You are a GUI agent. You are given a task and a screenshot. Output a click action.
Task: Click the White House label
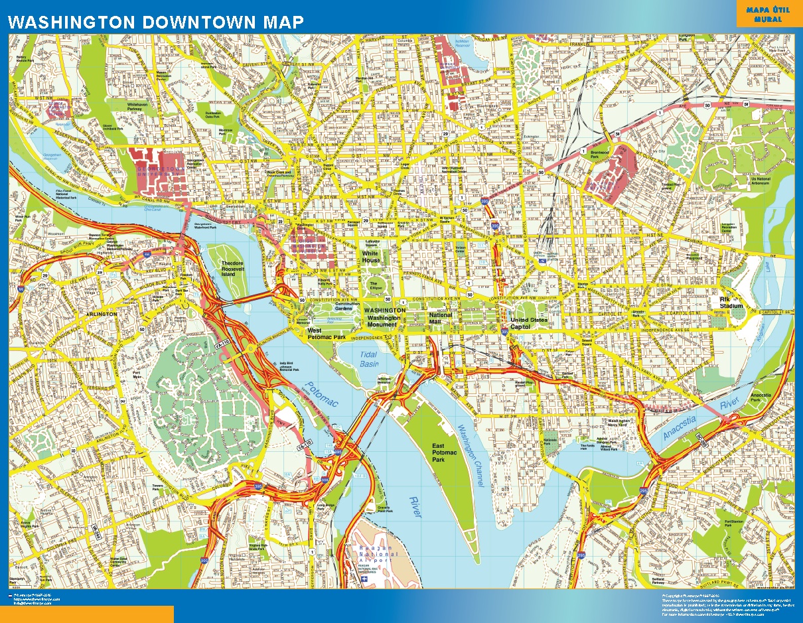[370, 257]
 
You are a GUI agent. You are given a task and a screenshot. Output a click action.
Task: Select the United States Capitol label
[529, 323]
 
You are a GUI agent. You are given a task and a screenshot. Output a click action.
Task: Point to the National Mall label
[441, 319]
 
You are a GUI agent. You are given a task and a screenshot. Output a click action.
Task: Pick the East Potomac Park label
[445, 452]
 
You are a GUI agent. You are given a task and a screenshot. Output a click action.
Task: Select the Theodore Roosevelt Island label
[237, 267]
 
